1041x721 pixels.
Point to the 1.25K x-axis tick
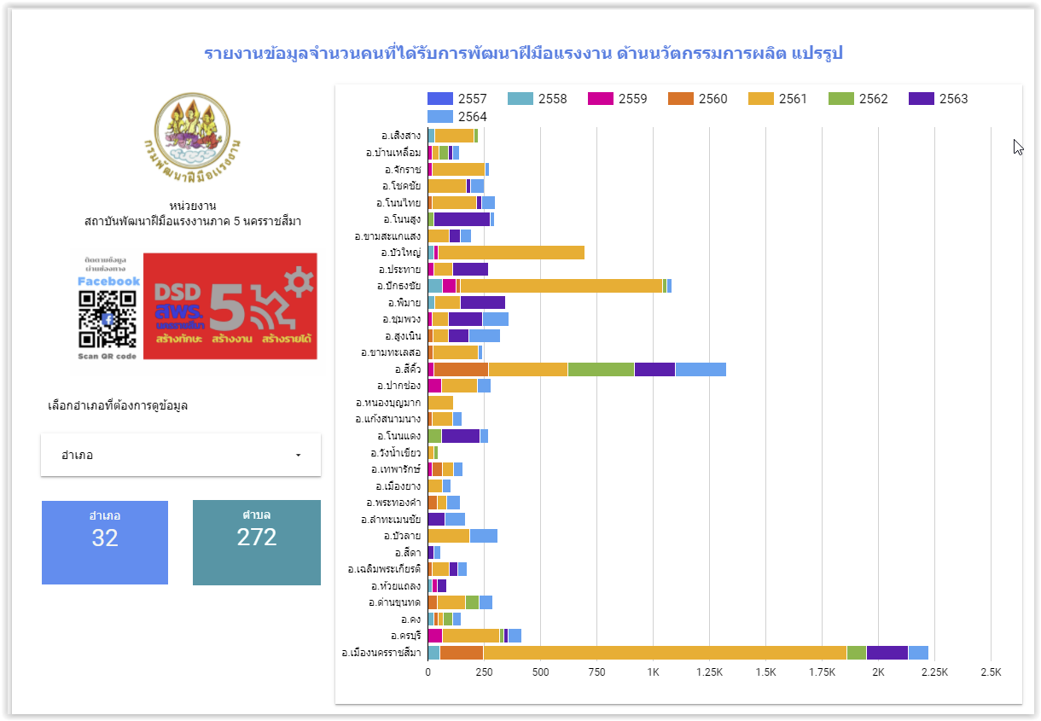[x=709, y=672]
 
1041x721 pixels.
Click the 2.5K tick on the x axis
[x=991, y=672]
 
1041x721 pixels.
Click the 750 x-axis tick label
[x=596, y=672]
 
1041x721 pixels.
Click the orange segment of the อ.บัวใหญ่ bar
[x=511, y=253]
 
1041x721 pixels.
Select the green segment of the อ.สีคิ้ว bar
[x=601, y=369]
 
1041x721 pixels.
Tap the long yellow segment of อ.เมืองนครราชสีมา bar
[x=665, y=653]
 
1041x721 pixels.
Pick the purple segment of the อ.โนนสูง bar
[x=462, y=219]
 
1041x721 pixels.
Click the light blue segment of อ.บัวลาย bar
[x=483, y=536]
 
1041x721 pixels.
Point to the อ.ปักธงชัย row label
[x=398, y=286]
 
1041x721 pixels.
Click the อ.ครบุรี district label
[x=405, y=636]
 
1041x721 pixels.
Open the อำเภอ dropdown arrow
[x=298, y=456]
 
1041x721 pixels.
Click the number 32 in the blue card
[x=105, y=538]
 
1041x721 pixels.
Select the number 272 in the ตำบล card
[x=257, y=537]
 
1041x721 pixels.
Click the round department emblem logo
[x=191, y=132]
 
